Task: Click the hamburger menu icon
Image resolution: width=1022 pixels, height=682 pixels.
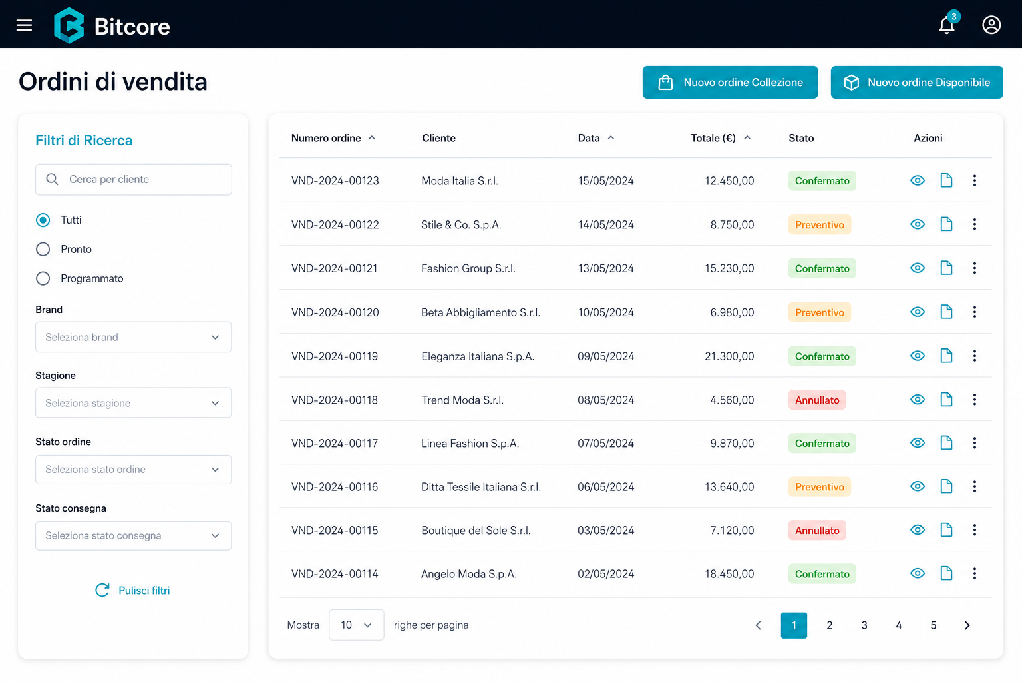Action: tap(24, 25)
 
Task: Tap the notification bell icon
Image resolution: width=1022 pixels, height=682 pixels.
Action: tap(947, 25)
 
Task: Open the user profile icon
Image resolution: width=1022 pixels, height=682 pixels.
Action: tap(991, 25)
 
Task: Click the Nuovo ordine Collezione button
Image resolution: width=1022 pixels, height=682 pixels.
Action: tap(730, 82)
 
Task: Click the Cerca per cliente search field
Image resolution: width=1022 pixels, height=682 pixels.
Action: tap(134, 180)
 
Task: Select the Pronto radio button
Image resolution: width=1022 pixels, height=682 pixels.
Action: tap(43, 249)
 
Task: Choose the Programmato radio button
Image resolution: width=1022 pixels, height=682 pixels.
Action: tap(43, 278)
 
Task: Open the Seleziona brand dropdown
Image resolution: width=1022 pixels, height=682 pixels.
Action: tap(134, 337)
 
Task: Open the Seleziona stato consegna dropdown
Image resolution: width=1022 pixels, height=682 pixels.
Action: tap(134, 536)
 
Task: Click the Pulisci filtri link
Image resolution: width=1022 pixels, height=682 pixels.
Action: tap(132, 591)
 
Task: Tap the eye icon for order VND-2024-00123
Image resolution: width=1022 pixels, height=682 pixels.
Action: tap(918, 180)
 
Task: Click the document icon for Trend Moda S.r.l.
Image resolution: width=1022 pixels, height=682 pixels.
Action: tap(946, 400)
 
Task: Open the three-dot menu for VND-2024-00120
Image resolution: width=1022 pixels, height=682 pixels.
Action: tap(975, 312)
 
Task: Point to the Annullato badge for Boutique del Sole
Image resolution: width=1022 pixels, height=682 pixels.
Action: tap(817, 530)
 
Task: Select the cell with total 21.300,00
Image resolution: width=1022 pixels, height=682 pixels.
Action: tap(729, 356)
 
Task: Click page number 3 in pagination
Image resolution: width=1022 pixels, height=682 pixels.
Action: tap(864, 625)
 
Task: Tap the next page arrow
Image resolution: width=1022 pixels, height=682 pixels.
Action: tap(967, 625)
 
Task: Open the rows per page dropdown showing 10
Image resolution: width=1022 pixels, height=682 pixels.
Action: tap(357, 625)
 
